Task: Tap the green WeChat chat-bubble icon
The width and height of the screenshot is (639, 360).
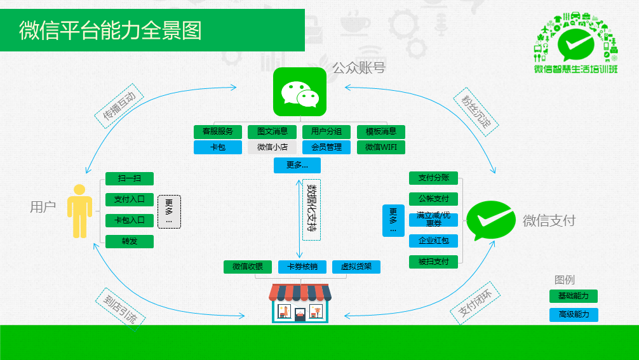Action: (299, 92)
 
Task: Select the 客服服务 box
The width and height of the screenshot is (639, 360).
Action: (218, 132)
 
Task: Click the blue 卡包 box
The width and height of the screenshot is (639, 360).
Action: (218, 147)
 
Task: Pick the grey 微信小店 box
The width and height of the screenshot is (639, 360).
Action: (272, 147)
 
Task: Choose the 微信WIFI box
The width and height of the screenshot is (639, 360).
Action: (381, 147)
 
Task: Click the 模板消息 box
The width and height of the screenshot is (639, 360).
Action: (381, 132)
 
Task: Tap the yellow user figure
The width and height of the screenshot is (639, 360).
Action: (79, 211)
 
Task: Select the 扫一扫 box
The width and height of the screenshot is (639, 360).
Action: (130, 179)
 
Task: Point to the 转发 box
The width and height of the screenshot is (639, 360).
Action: (130, 241)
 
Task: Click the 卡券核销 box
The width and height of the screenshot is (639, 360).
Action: (302, 267)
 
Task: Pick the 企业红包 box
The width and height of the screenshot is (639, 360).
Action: (433, 241)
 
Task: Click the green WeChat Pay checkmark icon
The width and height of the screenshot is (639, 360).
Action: (492, 220)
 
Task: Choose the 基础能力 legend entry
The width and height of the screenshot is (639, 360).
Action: (573, 296)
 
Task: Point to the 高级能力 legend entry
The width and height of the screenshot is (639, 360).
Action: (573, 314)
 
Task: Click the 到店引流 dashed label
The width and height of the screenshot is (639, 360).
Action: (120, 308)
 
